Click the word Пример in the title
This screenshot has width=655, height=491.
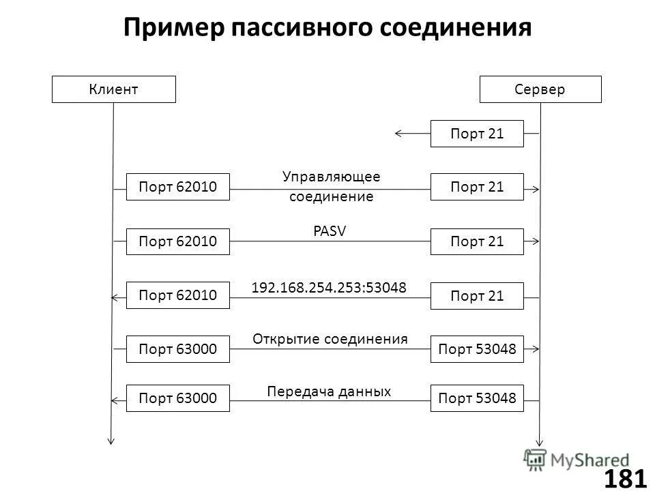click(x=174, y=28)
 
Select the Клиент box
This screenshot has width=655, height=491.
click(x=113, y=89)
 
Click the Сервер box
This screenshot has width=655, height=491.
click(x=540, y=89)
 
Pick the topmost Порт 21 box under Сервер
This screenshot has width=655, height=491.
click(x=477, y=134)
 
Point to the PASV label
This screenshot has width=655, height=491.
click(x=330, y=231)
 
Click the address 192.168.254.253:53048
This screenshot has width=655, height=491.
click(x=329, y=288)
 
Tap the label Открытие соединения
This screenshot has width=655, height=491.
click(x=330, y=339)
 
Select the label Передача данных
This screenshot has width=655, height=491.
click(x=329, y=391)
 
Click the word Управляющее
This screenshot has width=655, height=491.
click(x=331, y=177)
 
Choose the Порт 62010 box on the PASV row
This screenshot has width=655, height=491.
click(x=178, y=241)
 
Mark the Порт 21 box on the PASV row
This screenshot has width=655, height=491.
click(x=477, y=241)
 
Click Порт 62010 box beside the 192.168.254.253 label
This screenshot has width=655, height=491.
click(x=178, y=295)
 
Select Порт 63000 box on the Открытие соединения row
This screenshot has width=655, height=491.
click(x=178, y=349)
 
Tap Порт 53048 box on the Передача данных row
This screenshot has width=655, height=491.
click(x=477, y=398)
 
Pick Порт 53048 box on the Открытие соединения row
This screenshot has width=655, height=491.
click(x=477, y=349)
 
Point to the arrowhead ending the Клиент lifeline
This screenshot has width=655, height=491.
click(x=111, y=441)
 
